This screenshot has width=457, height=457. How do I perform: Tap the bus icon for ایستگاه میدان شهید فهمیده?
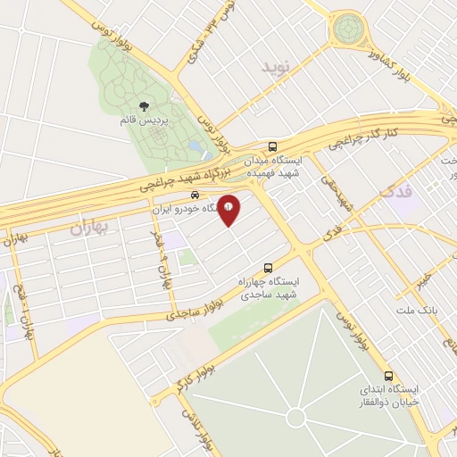tap(272, 146)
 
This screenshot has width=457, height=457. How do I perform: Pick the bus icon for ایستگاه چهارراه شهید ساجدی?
tap(268, 267)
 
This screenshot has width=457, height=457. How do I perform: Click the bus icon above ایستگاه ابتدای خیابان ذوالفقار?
tap(387, 376)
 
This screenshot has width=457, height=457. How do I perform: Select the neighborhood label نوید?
tap(276, 67)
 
